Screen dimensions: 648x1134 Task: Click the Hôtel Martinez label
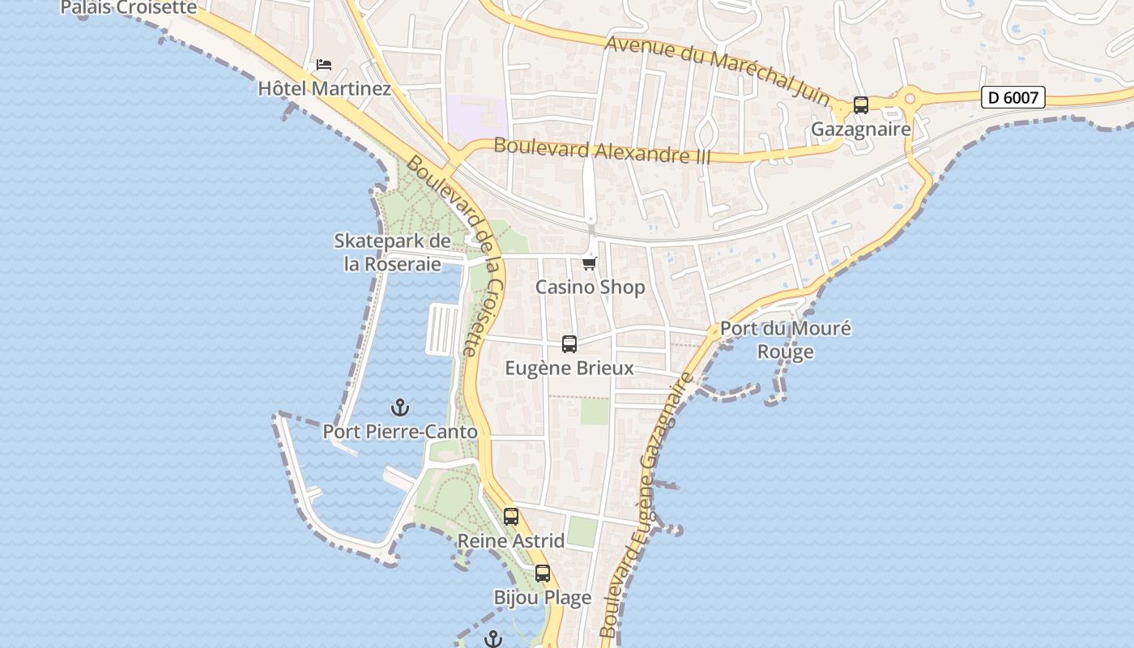coord(324,88)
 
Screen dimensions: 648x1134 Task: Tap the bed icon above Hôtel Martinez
coord(324,64)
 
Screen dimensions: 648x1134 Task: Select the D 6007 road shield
coord(1013,98)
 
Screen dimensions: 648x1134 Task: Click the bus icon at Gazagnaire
coord(861,105)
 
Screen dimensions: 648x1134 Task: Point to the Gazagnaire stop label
coord(861,129)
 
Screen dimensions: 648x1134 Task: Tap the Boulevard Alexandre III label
coord(602,151)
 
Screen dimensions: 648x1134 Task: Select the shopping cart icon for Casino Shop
coord(590,263)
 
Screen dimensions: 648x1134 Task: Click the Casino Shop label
coord(590,287)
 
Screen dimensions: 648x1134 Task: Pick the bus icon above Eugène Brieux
coord(569,344)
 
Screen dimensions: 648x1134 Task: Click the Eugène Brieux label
coord(569,368)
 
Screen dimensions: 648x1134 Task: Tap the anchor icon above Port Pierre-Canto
coord(400,407)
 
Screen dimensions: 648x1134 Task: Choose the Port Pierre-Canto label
coord(400,432)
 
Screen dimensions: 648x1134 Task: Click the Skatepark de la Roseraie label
coord(393,253)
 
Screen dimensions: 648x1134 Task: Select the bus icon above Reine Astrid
coord(511,516)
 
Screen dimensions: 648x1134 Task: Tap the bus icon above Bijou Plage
coord(543,573)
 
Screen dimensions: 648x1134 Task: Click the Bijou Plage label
coord(543,598)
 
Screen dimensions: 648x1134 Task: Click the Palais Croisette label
coord(129,8)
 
